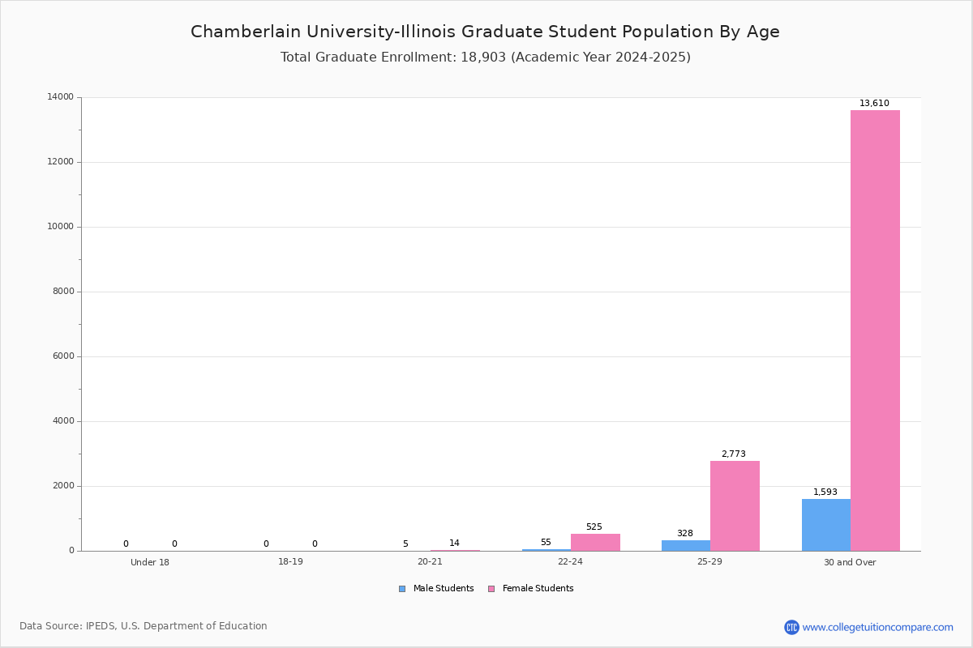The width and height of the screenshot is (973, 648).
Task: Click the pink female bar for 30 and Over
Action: point(875,330)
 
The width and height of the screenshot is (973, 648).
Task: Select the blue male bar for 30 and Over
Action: point(826,525)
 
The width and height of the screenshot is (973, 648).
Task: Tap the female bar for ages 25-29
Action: point(735,505)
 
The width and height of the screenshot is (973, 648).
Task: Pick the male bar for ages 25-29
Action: point(686,545)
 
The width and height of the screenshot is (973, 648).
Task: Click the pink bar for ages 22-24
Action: point(595,542)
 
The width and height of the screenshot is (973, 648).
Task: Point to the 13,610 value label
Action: point(874,104)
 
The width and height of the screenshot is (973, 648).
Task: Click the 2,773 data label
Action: point(733,454)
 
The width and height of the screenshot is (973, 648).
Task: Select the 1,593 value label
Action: point(825,492)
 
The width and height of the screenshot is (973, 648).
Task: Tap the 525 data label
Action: point(594,527)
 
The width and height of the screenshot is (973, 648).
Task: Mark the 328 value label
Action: point(685,534)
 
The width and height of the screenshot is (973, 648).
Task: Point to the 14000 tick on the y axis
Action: point(60,97)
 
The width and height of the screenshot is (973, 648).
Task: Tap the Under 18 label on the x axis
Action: point(150,562)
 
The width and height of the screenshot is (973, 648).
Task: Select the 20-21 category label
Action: point(430,562)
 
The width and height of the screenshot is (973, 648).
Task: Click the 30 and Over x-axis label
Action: point(850,562)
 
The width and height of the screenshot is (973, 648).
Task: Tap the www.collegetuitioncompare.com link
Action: point(877,627)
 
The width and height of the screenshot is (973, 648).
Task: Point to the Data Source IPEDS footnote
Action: point(144,626)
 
